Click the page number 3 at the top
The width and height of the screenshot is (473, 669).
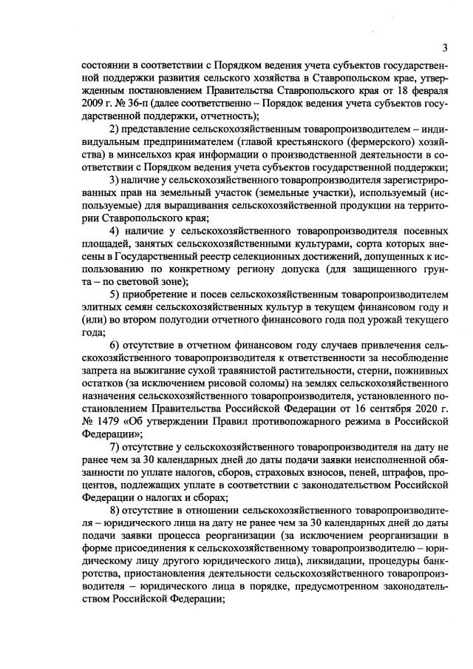click(x=445, y=48)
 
